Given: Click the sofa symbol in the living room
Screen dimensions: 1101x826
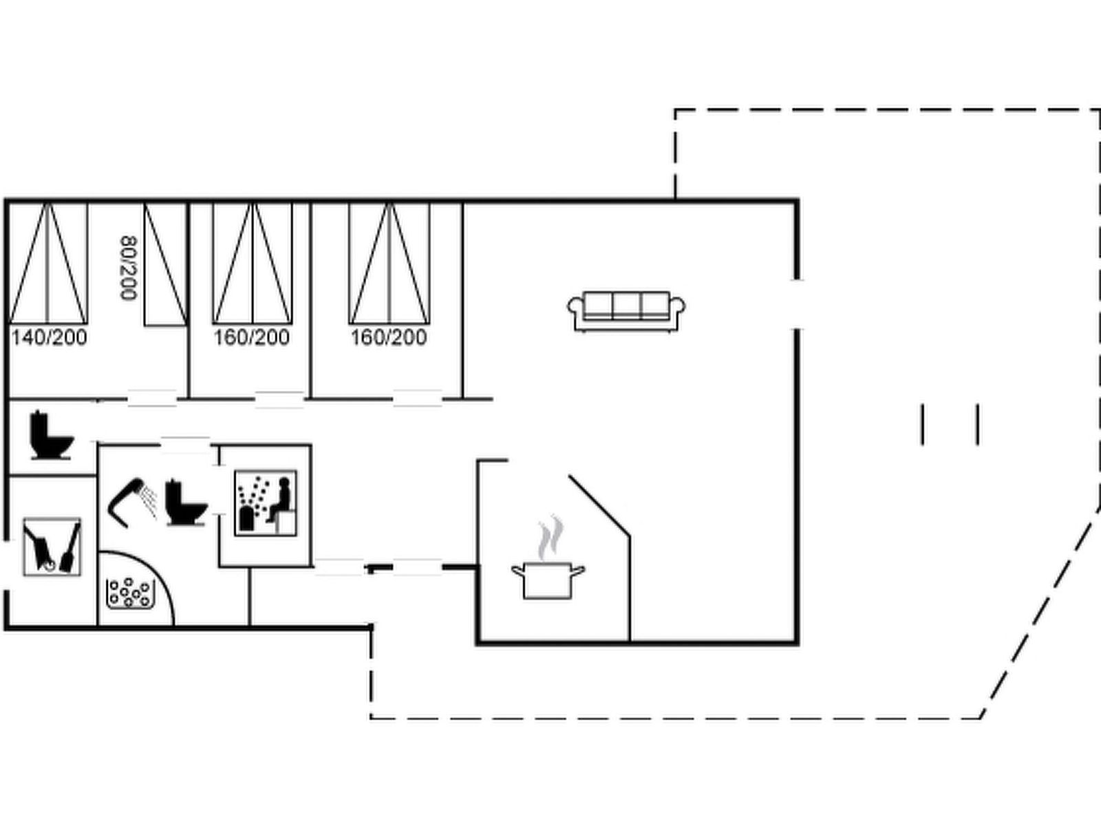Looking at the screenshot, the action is coord(626,311).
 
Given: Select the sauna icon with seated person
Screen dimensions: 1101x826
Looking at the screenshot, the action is coord(266,503).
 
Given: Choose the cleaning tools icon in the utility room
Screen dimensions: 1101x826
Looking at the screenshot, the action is coord(52,547).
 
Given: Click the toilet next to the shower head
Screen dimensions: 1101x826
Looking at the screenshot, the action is coord(186,503).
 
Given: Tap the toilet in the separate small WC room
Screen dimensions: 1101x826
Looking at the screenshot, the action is coord(52,435).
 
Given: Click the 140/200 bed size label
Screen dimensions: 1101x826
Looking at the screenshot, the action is coord(49,337).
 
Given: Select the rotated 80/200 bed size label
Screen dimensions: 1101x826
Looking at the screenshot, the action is coord(129,268).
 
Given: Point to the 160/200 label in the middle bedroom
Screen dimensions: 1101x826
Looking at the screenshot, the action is coord(252,337).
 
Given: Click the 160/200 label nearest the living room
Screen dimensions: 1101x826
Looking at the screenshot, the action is coord(389,337).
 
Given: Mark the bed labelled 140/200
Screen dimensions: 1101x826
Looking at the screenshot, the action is coord(48,263).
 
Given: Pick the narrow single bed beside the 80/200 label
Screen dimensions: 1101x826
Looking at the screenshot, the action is coord(166,264).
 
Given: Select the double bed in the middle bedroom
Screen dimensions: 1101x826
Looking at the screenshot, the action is coord(253,263).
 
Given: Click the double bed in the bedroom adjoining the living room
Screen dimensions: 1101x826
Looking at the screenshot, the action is coord(389,263).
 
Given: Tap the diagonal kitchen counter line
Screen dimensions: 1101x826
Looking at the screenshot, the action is coord(599,505).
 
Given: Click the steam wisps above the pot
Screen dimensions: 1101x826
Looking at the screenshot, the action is coord(550,538).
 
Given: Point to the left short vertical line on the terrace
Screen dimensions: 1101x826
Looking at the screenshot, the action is coord(923,425).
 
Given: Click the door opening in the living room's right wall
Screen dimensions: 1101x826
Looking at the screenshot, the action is coord(797,305).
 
